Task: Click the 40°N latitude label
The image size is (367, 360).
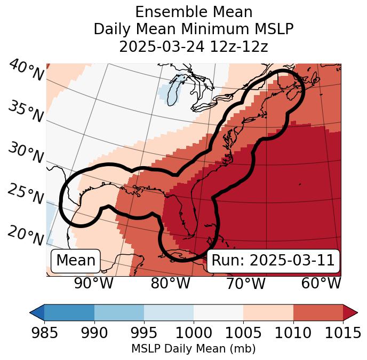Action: point(26,71)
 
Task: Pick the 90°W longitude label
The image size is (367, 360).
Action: point(93,283)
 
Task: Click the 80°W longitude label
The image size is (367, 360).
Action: point(170,283)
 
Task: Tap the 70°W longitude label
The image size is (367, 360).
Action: point(245,283)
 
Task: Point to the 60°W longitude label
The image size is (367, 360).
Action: point(321,283)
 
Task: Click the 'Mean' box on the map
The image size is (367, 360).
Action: point(76,261)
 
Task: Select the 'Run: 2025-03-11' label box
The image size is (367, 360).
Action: point(273,261)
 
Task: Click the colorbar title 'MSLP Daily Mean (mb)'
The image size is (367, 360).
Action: point(193,349)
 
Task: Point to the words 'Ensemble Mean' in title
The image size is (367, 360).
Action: point(194,12)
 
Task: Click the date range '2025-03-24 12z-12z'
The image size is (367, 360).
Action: point(194,46)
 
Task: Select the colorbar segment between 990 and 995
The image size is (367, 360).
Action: point(119,312)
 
